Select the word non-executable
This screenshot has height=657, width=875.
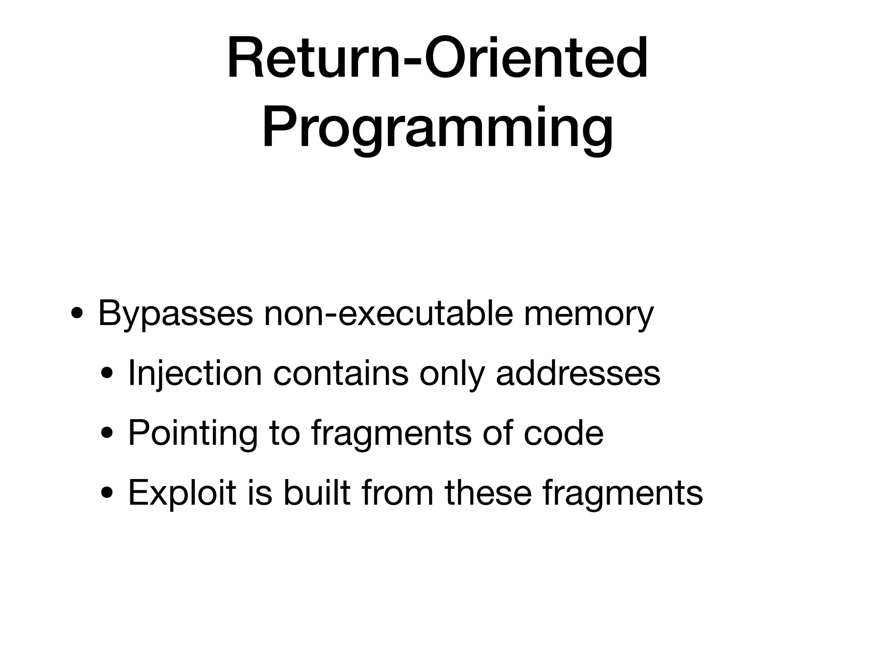coord(388,314)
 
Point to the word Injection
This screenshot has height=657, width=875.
coord(194,373)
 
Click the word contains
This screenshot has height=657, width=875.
coord(341,373)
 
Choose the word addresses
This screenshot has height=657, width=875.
coord(578,373)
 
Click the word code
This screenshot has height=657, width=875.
coord(564,433)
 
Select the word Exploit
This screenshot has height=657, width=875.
coord(182,493)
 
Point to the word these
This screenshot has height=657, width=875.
coord(488,493)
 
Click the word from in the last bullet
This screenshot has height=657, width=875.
coord(397,493)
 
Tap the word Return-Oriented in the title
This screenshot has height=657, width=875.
coord(437,58)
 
